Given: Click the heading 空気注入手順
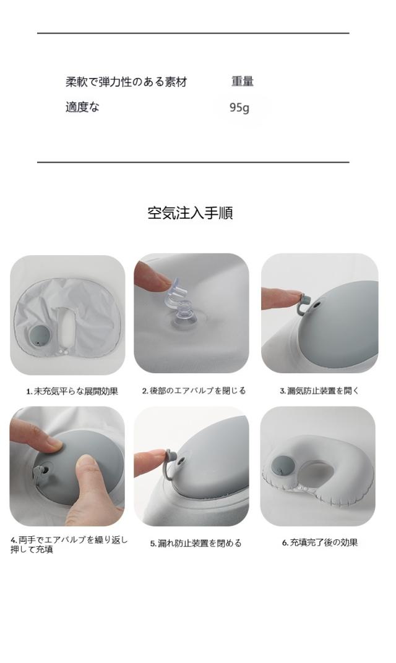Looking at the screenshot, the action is click(190, 213).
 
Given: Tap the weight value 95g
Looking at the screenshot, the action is click(239, 108).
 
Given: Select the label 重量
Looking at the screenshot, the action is click(243, 81).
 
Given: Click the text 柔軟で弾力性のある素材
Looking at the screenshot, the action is click(126, 82).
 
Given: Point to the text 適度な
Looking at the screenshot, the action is click(82, 107).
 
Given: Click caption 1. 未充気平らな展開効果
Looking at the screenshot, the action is click(72, 391).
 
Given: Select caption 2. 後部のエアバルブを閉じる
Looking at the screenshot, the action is click(194, 391).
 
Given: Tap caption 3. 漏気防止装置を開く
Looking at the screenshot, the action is click(319, 391).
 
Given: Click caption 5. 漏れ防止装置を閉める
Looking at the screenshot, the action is click(196, 543).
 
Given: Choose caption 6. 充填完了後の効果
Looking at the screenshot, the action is click(320, 543).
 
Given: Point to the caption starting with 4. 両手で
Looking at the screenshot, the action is click(69, 544).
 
